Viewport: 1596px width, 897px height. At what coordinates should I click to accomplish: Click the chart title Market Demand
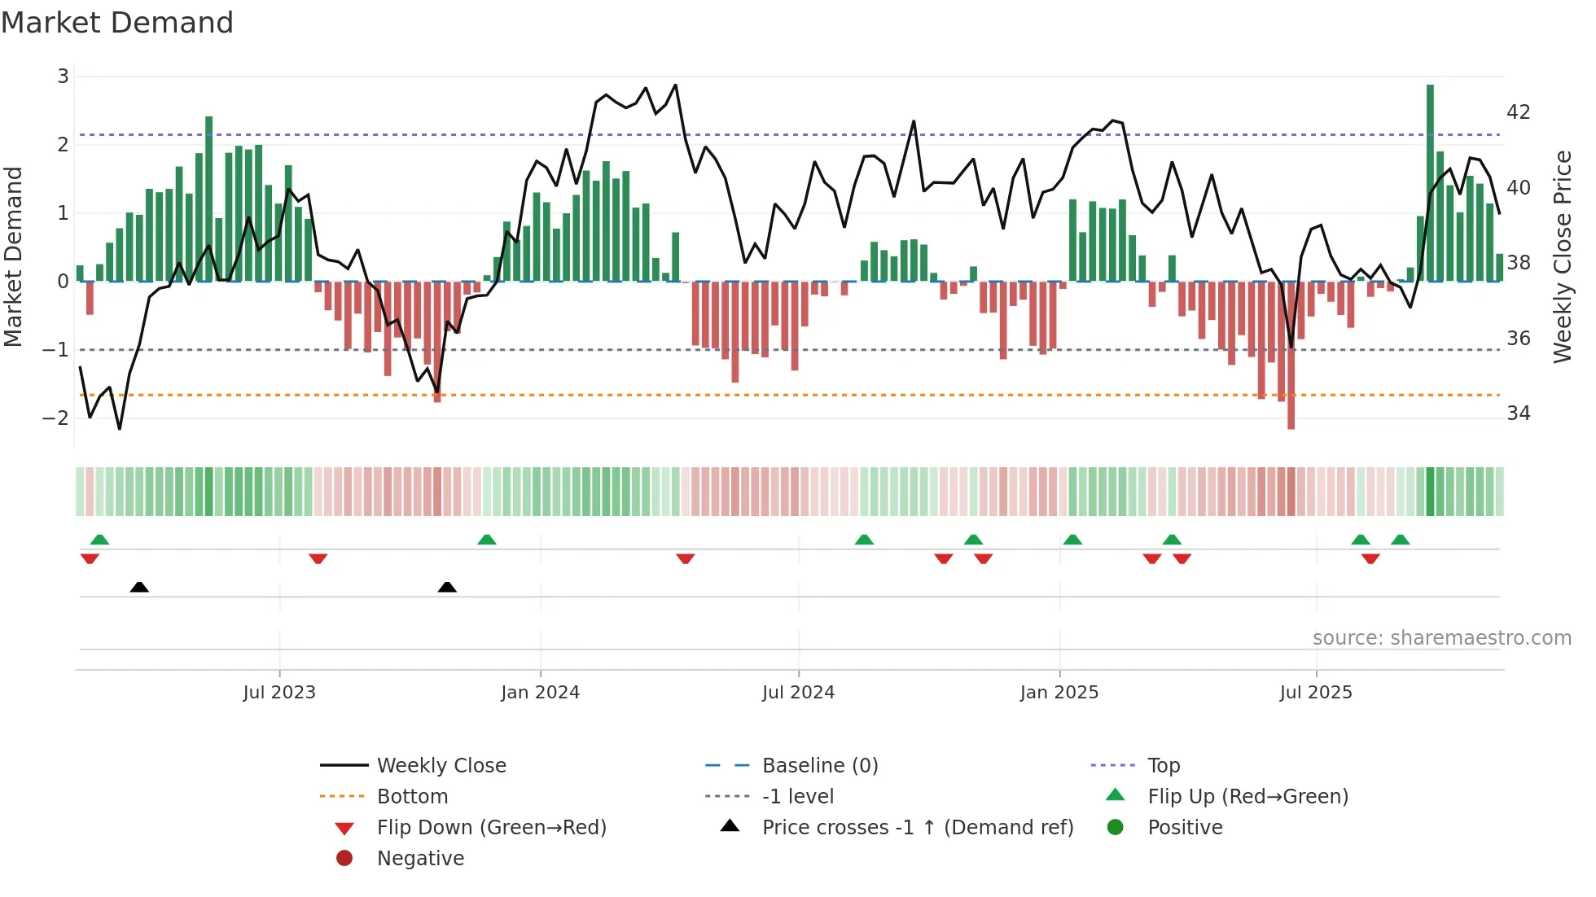[117, 23]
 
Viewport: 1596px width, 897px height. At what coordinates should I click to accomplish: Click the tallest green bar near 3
[1430, 182]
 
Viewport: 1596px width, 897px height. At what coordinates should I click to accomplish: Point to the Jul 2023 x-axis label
[279, 693]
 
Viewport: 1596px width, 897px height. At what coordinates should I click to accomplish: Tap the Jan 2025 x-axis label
[1059, 693]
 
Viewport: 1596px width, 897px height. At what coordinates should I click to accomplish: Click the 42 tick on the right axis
[1518, 112]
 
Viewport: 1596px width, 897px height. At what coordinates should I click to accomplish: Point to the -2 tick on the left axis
[56, 418]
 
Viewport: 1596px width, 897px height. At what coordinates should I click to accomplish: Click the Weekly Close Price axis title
[1562, 256]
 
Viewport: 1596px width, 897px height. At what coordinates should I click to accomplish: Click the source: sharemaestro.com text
[1441, 638]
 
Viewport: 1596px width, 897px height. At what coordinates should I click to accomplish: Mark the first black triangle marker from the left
[139, 587]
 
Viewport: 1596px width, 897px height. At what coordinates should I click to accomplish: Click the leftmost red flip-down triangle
[90, 558]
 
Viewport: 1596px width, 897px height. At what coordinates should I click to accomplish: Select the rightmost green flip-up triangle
[1400, 540]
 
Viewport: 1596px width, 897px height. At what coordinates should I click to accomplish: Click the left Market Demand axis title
[14, 256]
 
